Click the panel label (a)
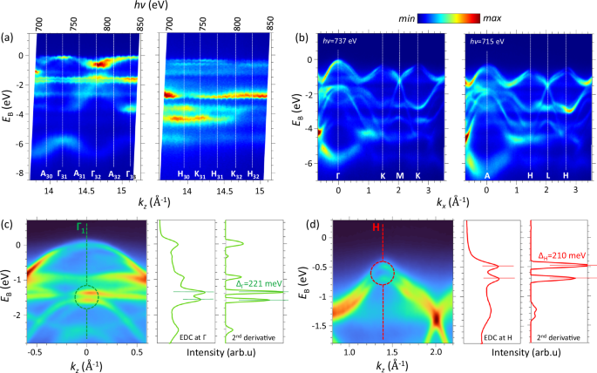point(10,38)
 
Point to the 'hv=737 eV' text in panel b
point(346,42)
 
